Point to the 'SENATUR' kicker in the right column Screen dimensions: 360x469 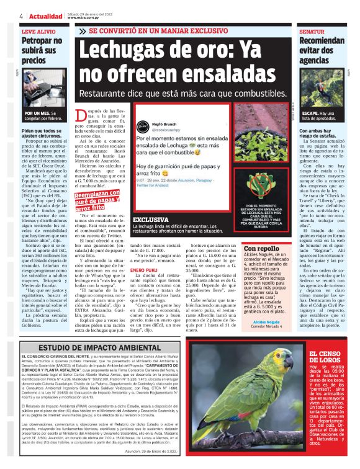tap(312, 30)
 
